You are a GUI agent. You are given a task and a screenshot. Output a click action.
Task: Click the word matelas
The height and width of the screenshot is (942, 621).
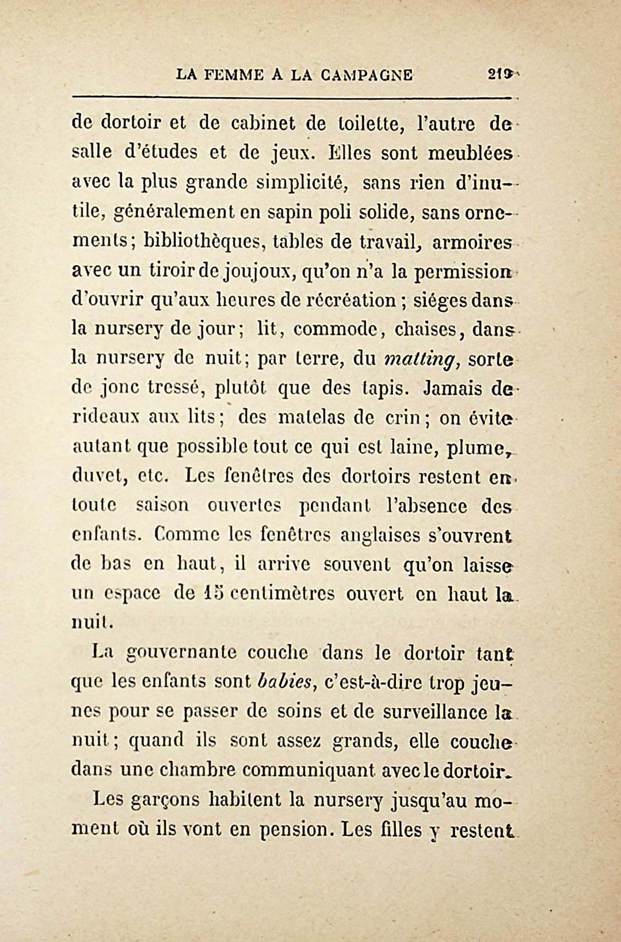pos(310,418)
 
